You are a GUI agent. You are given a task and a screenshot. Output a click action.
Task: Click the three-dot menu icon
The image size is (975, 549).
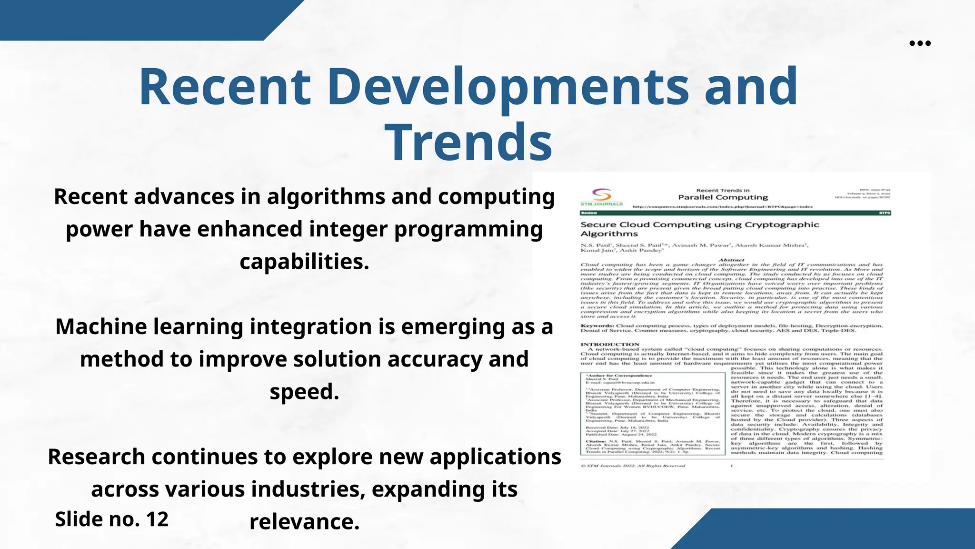920,43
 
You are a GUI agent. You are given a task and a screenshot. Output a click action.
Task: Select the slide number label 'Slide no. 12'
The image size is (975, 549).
112,519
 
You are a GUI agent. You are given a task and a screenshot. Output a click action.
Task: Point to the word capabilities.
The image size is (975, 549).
304,262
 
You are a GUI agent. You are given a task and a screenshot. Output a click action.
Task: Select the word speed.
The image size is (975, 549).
304,392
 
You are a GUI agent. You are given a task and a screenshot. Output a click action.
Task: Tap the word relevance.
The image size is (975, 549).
304,522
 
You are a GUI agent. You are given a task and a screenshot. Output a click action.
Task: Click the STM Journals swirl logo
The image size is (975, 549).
601,195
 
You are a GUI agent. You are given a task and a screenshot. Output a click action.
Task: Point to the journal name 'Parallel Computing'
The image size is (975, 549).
723,197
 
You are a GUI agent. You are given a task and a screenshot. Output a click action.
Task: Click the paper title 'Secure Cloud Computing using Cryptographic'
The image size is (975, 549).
699,224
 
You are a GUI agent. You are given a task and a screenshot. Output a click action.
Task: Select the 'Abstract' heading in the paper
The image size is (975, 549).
731,260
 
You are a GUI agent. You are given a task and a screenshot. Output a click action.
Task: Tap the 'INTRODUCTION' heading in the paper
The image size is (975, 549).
610,344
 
